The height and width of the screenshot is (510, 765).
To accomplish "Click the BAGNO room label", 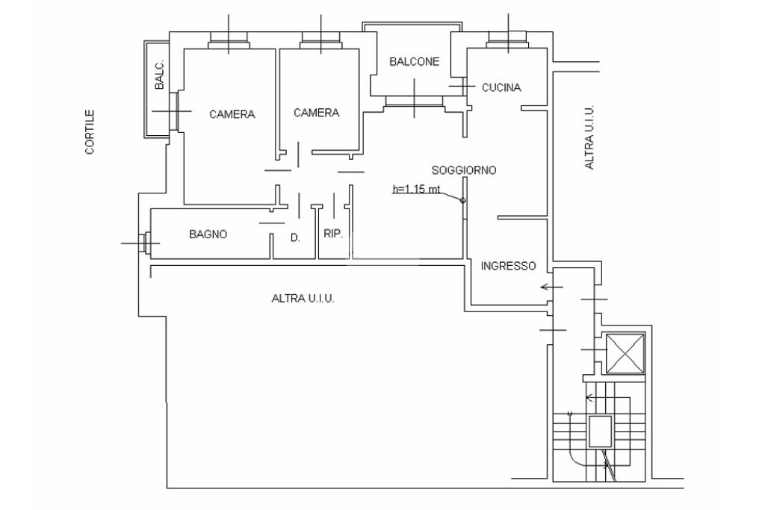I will pyautogui.click(x=208, y=234).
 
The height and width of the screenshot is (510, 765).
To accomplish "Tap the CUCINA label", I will pyautogui.click(x=501, y=87).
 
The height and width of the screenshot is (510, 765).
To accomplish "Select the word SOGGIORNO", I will pyautogui.click(x=464, y=170).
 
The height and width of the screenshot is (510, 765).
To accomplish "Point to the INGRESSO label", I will pyautogui.click(x=508, y=266).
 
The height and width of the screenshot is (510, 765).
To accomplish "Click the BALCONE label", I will pyautogui.click(x=415, y=62).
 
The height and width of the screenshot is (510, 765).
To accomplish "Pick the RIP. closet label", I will pyautogui.click(x=333, y=234).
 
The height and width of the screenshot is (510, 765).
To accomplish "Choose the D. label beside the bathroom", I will pyautogui.click(x=295, y=239).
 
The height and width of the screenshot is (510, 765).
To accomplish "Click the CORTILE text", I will pyautogui.click(x=90, y=132).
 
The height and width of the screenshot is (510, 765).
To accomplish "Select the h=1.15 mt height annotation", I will pyautogui.click(x=417, y=190).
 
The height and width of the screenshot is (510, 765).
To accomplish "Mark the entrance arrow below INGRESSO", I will pyautogui.click(x=552, y=287).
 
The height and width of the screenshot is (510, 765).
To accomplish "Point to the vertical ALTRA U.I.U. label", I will pyautogui.click(x=589, y=137).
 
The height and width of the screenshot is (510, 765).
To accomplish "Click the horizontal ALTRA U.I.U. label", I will pyautogui.click(x=302, y=299).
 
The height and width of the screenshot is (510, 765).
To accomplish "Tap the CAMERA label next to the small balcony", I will pyautogui.click(x=232, y=114).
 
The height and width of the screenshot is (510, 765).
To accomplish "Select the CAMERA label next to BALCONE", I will pyautogui.click(x=316, y=113).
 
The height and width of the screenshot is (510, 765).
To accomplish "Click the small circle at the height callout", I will pyautogui.click(x=463, y=200).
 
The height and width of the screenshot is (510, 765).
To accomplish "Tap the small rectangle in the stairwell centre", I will pyautogui.click(x=600, y=431).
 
